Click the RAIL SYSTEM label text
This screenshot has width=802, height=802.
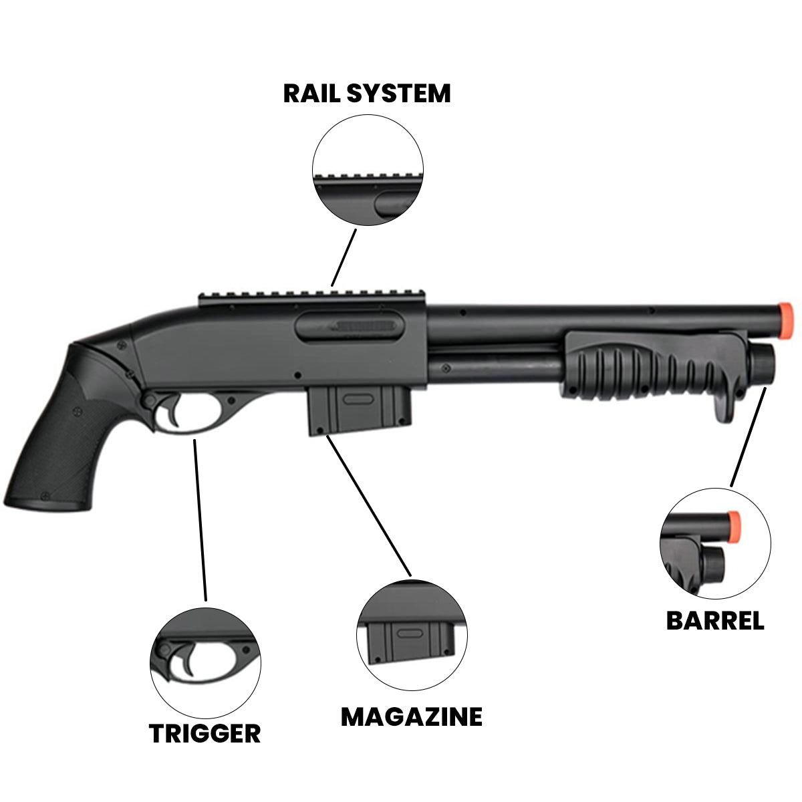click(367, 93)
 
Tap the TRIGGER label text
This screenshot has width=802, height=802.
click(205, 733)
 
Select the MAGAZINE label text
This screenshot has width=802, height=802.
click(411, 716)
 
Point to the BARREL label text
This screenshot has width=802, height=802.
click(715, 621)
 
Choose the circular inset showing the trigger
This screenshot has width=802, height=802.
click(205, 656)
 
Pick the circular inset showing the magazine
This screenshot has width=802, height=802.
click(412, 636)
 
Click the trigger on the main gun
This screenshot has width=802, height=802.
click(175, 412)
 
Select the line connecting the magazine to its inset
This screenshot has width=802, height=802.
click(368, 505)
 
